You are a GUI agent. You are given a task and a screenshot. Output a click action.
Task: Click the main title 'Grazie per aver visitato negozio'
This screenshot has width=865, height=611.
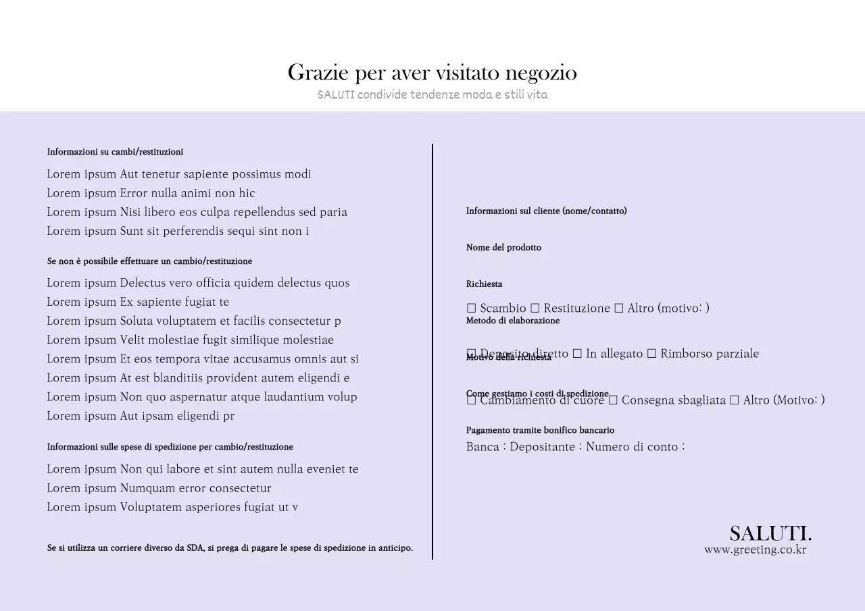point(432,72)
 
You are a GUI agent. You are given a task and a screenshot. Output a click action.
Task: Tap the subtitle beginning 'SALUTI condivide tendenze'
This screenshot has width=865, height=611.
point(432,95)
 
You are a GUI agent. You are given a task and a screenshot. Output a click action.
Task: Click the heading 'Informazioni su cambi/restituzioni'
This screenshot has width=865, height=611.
point(115,152)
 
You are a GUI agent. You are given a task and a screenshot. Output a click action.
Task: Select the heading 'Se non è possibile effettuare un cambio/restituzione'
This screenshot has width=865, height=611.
point(149,261)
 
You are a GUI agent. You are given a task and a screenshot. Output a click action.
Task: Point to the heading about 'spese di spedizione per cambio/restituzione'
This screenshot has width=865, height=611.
point(170,447)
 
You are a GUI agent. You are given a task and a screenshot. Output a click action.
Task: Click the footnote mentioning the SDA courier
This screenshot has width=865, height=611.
point(230,548)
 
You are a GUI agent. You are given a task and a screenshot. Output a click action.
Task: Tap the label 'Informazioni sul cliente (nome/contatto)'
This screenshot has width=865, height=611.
point(546,211)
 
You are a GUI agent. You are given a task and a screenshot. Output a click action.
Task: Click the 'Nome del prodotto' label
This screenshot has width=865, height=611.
point(503,248)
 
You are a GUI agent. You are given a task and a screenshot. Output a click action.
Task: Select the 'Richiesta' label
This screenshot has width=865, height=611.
point(484,284)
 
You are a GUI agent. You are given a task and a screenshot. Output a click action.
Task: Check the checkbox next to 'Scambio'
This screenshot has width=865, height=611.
point(472,309)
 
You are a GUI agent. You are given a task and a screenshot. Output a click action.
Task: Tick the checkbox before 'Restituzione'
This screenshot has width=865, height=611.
point(535,309)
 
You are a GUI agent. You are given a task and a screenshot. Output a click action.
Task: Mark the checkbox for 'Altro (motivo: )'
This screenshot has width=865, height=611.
point(618,309)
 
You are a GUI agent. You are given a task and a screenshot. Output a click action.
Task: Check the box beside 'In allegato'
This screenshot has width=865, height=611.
point(577,354)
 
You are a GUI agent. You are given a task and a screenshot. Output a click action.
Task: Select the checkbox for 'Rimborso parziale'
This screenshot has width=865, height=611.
point(651,354)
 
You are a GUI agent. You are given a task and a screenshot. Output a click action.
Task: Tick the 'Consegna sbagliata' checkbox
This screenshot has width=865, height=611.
point(613,400)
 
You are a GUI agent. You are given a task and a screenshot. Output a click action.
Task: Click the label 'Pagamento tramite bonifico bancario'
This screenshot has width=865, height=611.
point(540,430)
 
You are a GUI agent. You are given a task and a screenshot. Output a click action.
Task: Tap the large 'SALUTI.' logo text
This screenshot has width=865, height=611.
point(770,533)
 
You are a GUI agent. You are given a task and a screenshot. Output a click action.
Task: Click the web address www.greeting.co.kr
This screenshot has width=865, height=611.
point(755,550)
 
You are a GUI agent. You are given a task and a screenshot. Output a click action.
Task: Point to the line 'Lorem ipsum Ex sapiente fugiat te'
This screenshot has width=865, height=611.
point(138,302)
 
